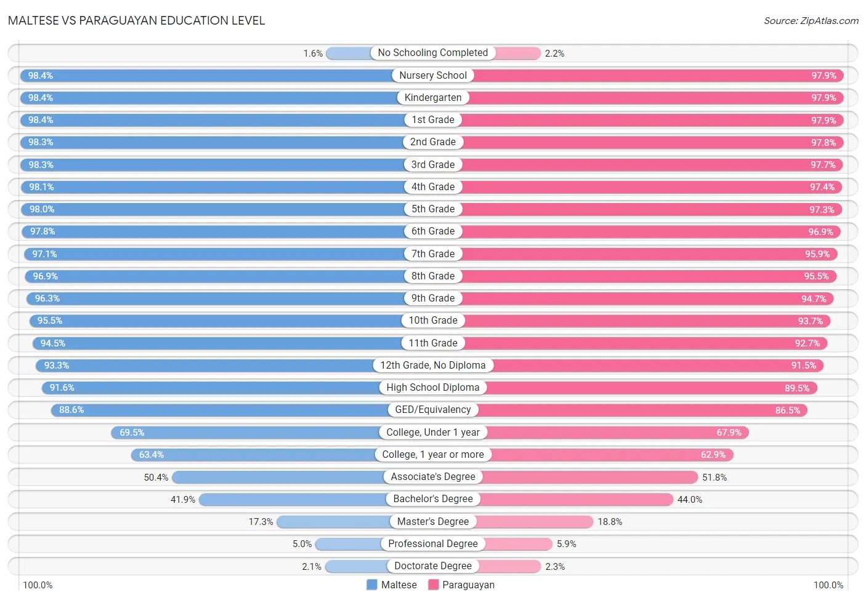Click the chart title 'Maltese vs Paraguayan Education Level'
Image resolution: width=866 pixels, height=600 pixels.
click(x=136, y=20)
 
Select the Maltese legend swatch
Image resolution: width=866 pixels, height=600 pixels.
click(x=372, y=585)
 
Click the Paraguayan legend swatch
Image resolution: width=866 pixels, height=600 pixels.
click(x=433, y=585)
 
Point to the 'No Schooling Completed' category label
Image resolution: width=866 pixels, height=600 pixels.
click(x=432, y=53)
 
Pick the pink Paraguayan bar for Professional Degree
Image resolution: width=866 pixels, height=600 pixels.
click(x=519, y=544)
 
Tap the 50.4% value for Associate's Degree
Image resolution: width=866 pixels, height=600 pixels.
click(x=156, y=478)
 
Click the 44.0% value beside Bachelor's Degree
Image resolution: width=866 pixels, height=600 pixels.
click(x=689, y=500)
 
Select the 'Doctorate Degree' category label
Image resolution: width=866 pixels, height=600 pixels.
click(x=432, y=566)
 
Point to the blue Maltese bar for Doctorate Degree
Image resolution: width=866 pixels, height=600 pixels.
click(x=356, y=566)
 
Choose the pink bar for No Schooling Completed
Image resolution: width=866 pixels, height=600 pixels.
click(x=518, y=53)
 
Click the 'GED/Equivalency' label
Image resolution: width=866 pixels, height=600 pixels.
click(x=432, y=410)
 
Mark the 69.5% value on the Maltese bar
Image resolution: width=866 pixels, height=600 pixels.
click(x=132, y=433)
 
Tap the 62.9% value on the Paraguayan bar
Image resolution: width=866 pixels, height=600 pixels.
click(x=713, y=455)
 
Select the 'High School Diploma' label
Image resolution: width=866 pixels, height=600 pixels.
click(x=432, y=388)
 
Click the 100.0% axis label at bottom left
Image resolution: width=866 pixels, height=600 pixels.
click(x=38, y=585)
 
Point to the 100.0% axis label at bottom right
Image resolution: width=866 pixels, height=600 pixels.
click(x=828, y=585)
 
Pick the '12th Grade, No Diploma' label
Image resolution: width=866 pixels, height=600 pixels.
click(x=432, y=366)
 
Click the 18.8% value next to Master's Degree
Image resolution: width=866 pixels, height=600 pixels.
click(x=610, y=522)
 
